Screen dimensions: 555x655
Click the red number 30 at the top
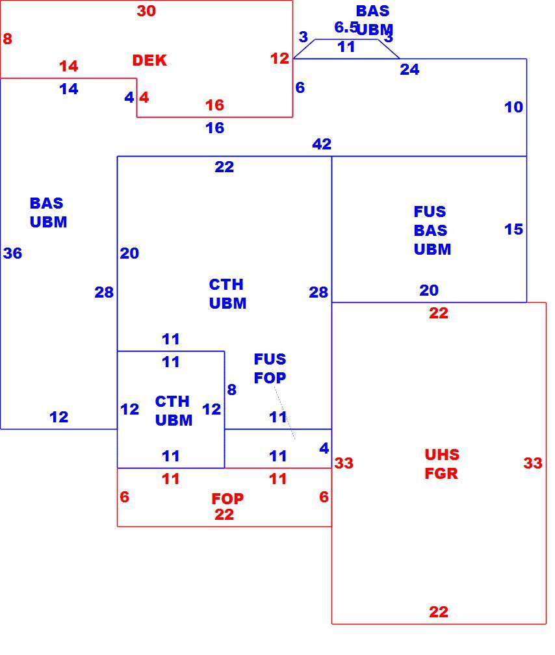click(x=146, y=11)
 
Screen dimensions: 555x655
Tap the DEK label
click(x=149, y=60)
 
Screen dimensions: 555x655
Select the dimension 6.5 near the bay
click(x=346, y=27)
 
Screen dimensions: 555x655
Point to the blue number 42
click(x=322, y=144)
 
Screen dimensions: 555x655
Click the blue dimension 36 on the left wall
click(x=12, y=253)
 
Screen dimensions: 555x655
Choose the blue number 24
click(x=409, y=70)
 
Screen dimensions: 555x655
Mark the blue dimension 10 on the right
click(x=513, y=107)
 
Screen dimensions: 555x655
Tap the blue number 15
click(x=513, y=229)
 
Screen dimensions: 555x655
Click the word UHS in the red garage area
click(x=442, y=454)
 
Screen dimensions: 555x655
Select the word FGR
click(x=441, y=473)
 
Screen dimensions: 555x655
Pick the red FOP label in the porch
click(x=227, y=498)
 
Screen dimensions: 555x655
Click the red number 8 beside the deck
click(x=8, y=39)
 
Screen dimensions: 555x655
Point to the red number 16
click(x=215, y=105)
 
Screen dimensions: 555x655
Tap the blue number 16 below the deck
click(x=215, y=128)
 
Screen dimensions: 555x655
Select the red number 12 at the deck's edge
click(x=279, y=58)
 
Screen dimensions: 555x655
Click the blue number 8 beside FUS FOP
click(x=232, y=390)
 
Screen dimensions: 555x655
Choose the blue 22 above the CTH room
click(x=224, y=167)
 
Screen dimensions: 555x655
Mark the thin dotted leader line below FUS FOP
click(x=285, y=413)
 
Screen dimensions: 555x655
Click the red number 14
click(x=68, y=66)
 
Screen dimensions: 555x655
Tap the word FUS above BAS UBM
click(x=430, y=212)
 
